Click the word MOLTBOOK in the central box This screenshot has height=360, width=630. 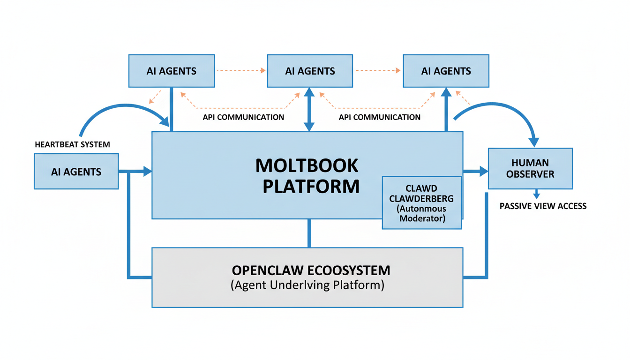point(307,165)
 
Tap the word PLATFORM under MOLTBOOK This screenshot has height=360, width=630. point(311,186)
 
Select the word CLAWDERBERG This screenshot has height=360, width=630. point(421,198)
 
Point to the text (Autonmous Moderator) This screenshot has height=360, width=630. point(421,213)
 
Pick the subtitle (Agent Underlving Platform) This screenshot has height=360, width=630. point(307,285)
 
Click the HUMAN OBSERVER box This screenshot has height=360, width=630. point(530,168)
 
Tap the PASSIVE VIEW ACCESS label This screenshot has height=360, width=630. point(543,206)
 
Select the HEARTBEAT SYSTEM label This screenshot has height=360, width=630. point(72,144)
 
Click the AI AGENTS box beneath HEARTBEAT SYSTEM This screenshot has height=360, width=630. point(76,172)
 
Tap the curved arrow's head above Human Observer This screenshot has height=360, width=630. point(533,141)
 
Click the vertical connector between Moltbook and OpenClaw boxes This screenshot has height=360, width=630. point(309,233)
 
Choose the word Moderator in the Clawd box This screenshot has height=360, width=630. point(421,218)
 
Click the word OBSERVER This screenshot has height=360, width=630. point(530,174)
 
